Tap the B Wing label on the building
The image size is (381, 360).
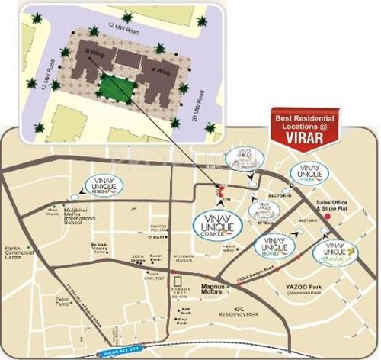tap(94, 53)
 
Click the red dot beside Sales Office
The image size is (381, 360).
tap(328, 217)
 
